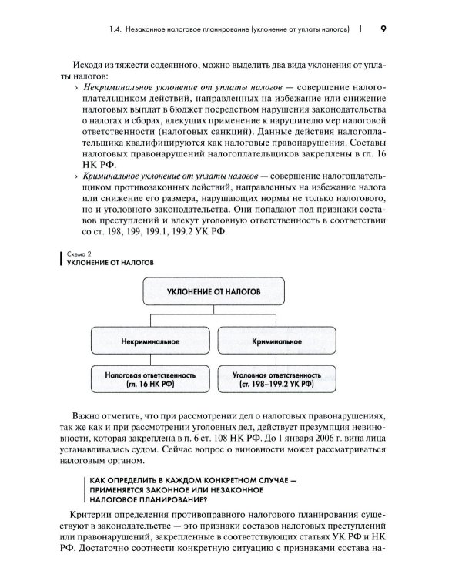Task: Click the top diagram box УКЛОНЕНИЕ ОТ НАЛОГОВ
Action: (x=214, y=292)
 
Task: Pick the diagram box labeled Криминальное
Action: (x=273, y=339)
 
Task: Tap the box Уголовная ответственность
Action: (x=273, y=378)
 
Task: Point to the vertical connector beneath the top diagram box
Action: (x=214, y=311)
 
